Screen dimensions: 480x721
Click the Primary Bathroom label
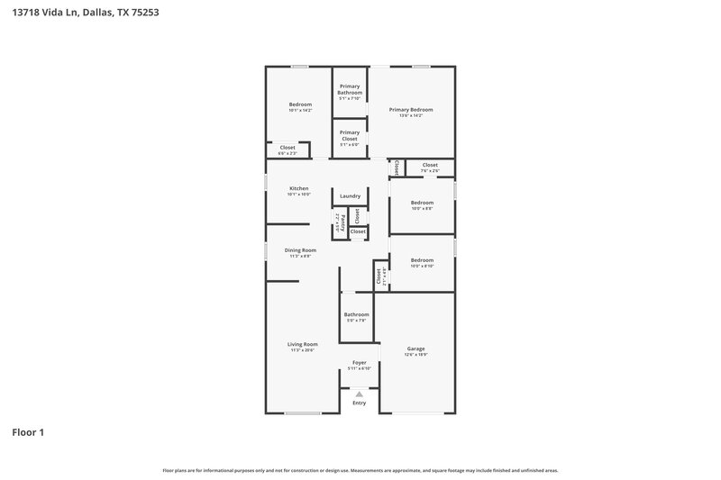[x=350, y=89]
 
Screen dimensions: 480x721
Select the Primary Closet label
[x=350, y=135]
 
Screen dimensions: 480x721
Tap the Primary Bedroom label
[x=405, y=110]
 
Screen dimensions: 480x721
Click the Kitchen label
[x=298, y=188]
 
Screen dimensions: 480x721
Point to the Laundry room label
[x=350, y=195]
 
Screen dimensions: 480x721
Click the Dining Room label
[x=300, y=250]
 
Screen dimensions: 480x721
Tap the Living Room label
[x=303, y=344]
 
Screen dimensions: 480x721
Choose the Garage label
[x=415, y=349]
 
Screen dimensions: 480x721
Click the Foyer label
[x=359, y=362]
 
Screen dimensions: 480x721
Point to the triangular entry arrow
[x=359, y=394]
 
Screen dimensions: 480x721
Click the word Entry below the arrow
[x=359, y=403]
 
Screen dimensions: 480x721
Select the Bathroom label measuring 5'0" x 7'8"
[x=356, y=314]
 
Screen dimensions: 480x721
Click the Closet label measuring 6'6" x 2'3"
[x=287, y=148]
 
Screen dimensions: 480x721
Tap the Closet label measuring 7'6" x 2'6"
[x=430, y=165]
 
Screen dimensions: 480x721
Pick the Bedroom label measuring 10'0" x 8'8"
[x=422, y=203]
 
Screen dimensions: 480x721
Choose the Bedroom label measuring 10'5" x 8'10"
[x=422, y=260]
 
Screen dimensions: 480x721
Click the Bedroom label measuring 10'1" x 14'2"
[x=300, y=104]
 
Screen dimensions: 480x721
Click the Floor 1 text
[x=28, y=432]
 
